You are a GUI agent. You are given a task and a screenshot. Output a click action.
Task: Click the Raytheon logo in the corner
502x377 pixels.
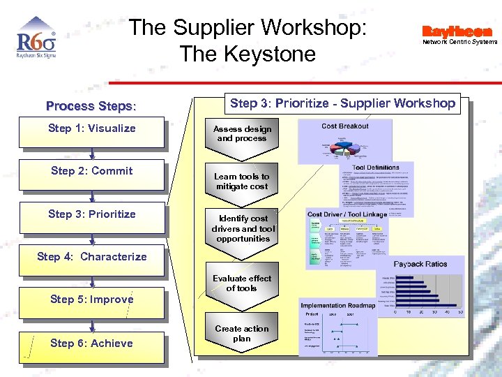(x=457, y=31)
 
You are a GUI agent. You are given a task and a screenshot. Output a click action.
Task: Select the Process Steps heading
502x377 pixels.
(x=91, y=106)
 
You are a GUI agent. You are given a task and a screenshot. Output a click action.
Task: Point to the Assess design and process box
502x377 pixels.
(x=242, y=133)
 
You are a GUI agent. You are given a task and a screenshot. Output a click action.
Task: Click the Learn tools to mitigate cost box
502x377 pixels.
(x=242, y=182)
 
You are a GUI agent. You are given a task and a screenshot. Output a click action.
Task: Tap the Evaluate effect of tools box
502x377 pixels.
(x=242, y=283)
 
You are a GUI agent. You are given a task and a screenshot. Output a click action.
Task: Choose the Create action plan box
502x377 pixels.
(x=242, y=333)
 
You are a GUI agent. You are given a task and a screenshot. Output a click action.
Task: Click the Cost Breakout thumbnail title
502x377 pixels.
(x=345, y=126)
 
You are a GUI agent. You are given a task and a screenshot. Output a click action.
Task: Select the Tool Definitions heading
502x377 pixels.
(x=376, y=168)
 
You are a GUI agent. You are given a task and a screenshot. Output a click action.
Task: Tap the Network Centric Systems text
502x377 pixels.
(x=460, y=42)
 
